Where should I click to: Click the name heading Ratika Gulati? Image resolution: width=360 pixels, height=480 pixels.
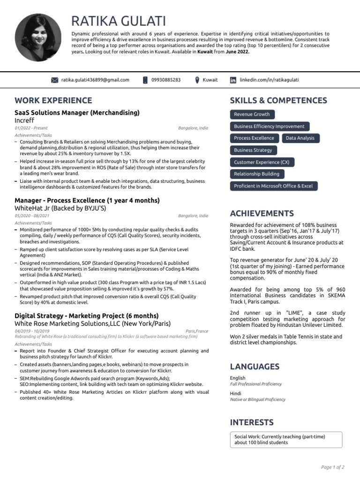119,21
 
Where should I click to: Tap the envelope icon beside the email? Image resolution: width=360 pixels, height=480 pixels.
54,80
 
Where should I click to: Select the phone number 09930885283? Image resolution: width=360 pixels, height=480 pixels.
166,80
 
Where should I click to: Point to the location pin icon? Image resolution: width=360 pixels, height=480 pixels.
197,80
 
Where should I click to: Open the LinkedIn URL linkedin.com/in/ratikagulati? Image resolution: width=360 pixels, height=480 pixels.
269,80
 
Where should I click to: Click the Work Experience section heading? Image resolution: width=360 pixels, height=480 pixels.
53,100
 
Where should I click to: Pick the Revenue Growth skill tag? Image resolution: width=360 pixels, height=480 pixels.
252,114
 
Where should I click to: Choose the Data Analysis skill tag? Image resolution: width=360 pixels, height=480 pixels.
300,138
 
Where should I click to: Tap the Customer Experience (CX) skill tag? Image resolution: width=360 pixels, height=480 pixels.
262,162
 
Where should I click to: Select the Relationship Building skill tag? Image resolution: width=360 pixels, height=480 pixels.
256,174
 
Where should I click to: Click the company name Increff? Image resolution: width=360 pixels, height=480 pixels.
24,120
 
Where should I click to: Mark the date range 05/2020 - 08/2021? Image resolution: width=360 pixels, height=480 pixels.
32,216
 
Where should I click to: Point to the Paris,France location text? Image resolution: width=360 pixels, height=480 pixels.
197,331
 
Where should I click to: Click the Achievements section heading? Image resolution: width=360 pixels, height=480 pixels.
262,213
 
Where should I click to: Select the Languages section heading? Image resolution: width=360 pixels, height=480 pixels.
255,367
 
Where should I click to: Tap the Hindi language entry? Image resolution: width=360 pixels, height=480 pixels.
236,394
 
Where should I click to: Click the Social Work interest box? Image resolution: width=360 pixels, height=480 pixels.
286,439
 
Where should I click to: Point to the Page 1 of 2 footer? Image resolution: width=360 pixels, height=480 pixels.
332,467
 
